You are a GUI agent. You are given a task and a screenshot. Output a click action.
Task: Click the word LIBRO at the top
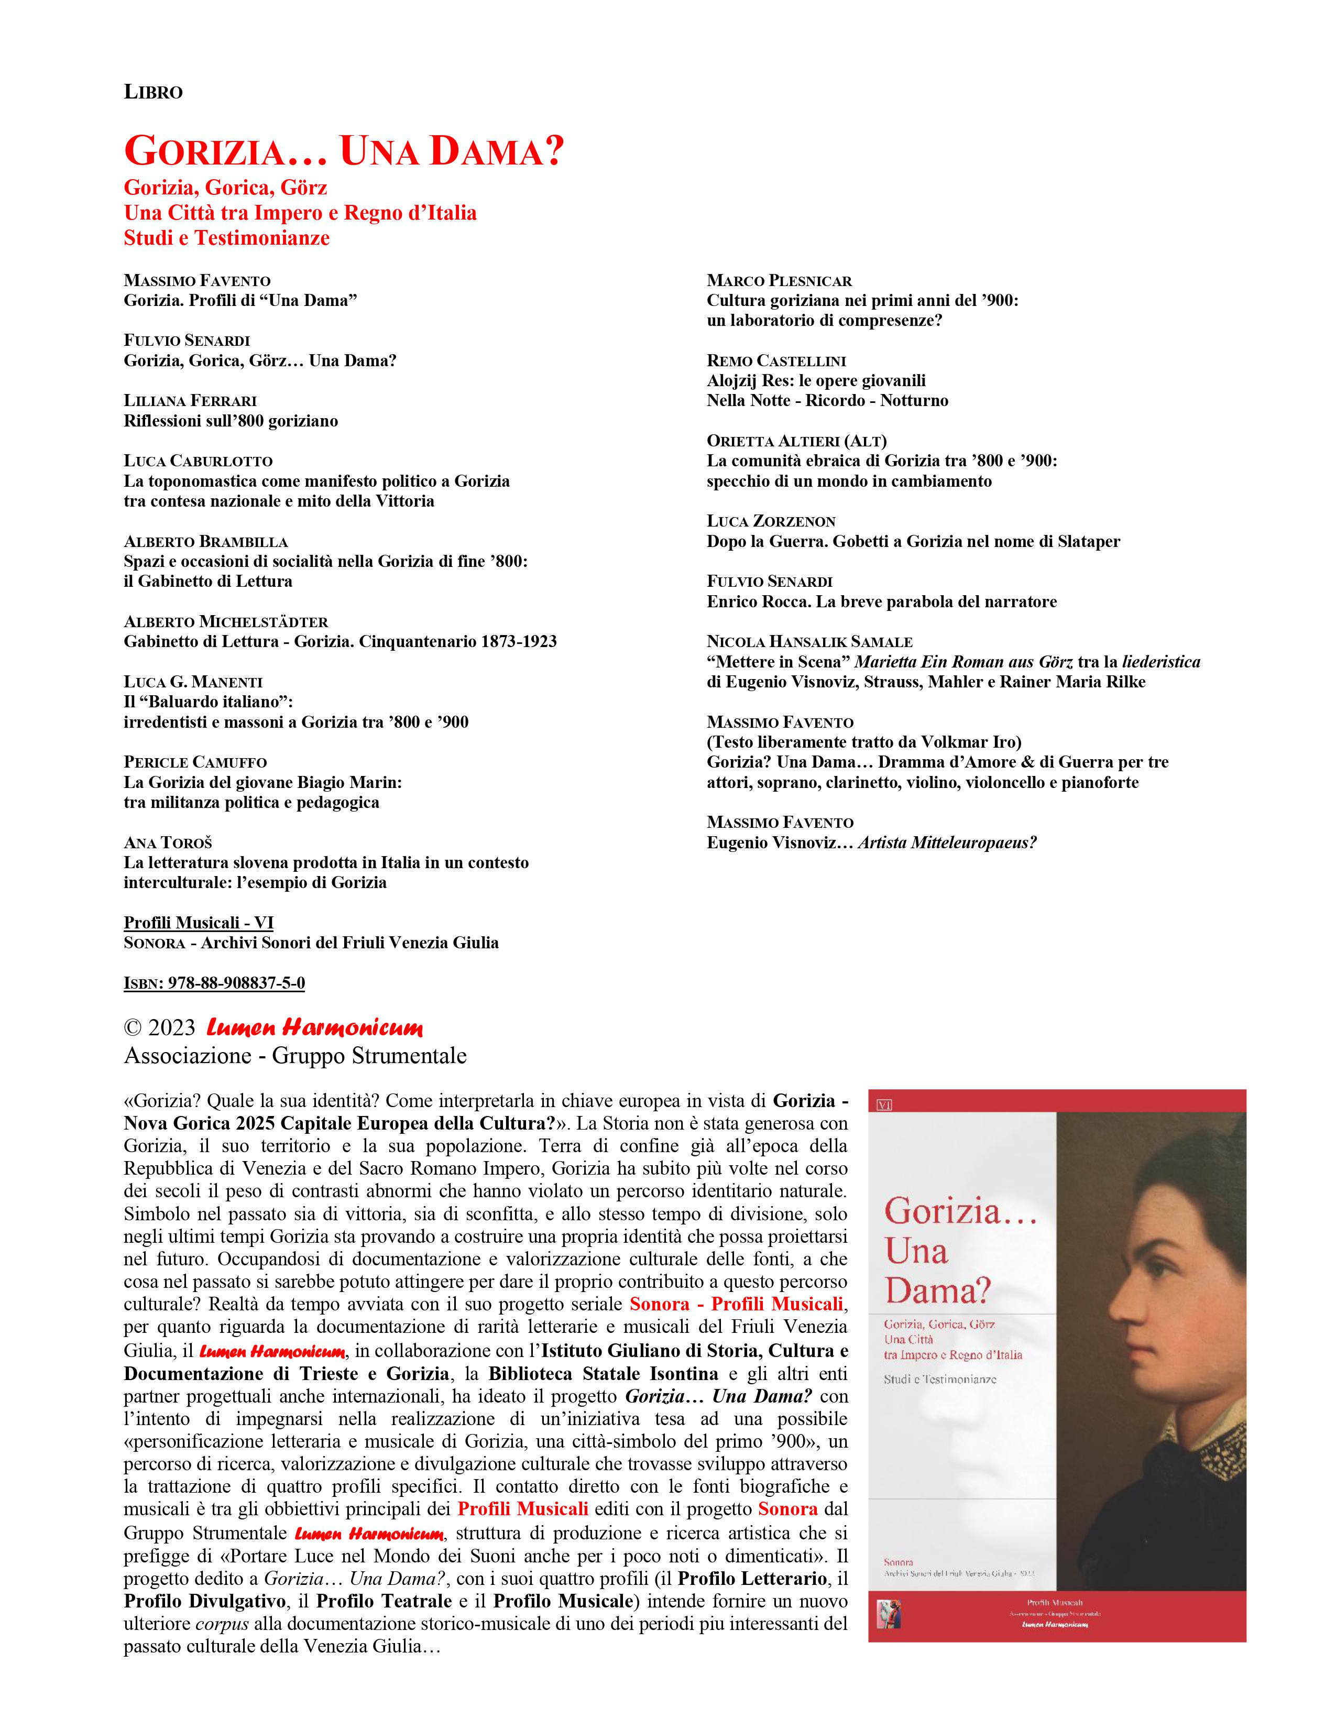coord(153,93)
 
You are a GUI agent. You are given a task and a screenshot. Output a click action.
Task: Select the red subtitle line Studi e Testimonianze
coord(226,238)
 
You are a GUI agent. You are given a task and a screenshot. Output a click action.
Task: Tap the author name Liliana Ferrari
coord(190,401)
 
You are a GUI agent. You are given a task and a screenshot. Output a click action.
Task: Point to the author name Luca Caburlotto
coord(198,461)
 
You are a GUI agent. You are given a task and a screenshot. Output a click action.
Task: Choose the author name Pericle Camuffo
coord(195,762)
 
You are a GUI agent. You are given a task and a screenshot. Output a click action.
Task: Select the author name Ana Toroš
coord(168,842)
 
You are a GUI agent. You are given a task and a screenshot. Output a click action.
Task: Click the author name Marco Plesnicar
coord(779,281)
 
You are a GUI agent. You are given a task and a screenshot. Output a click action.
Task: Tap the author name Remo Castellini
coord(775,361)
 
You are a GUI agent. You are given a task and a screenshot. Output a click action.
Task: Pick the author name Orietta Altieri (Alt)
coord(796,441)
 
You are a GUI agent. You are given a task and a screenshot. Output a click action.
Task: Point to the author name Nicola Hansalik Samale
coord(809,642)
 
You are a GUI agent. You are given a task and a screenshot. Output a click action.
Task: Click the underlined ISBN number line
coord(214,983)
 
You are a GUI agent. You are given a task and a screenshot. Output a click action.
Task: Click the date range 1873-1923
coord(518,641)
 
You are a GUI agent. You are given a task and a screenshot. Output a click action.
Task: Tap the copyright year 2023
coord(171,1027)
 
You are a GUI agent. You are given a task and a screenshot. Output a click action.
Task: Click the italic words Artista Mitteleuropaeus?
coord(947,843)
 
